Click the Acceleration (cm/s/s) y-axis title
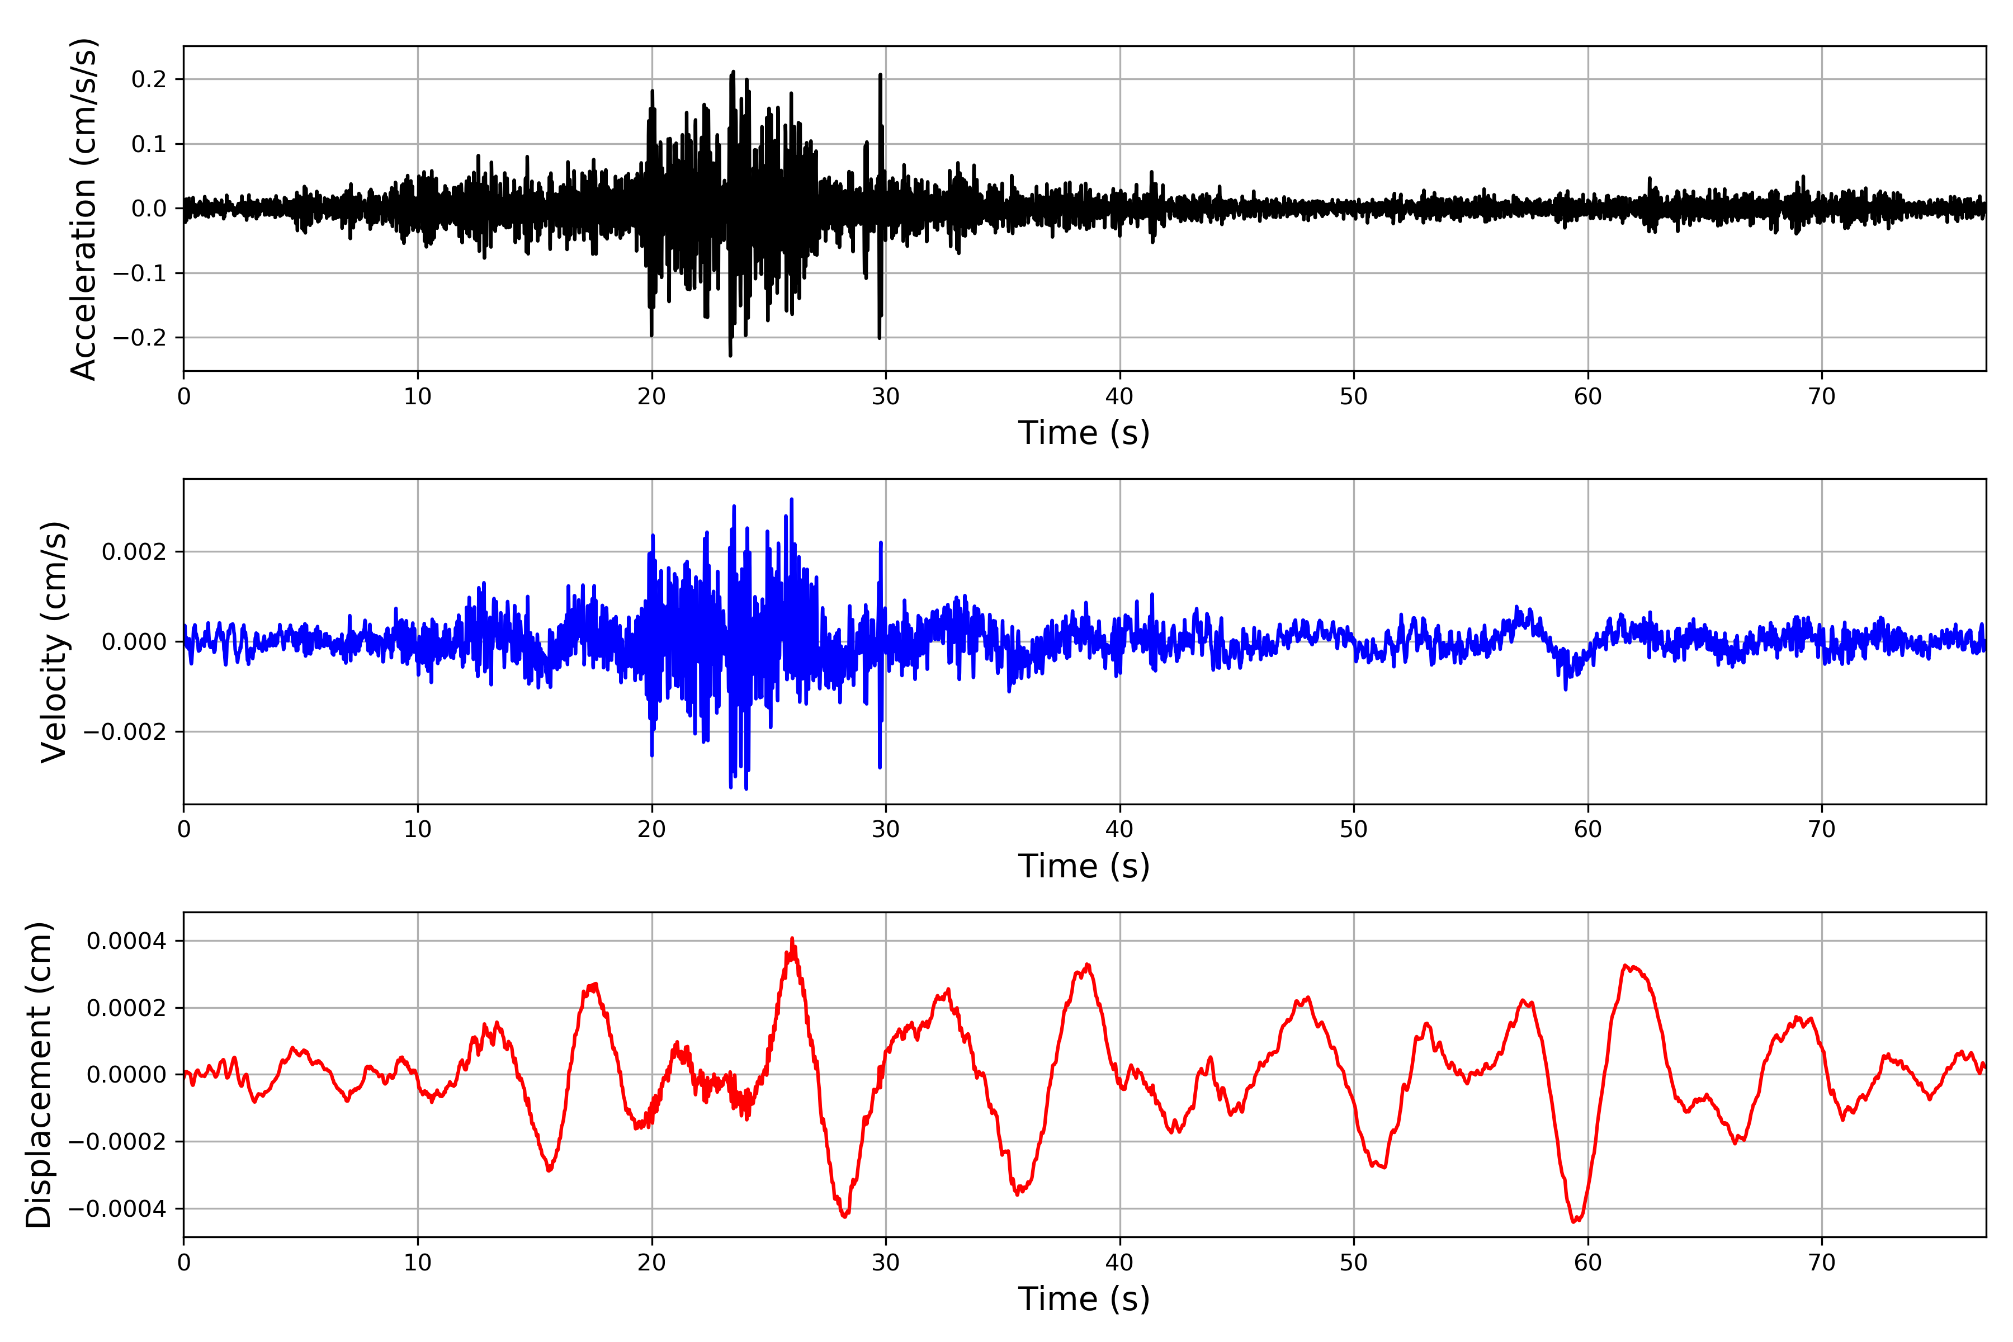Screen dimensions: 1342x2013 pos(84,209)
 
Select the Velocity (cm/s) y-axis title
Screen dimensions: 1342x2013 pos(54,642)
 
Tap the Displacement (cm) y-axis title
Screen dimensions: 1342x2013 pos(39,1075)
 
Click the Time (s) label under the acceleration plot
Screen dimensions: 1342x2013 pos(1084,433)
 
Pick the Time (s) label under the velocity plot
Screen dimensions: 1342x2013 pos(1084,866)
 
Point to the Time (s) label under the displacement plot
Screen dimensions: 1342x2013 pos(1084,1299)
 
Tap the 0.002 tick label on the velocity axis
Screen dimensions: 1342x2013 pos(134,552)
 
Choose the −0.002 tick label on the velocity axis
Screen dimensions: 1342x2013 pos(125,733)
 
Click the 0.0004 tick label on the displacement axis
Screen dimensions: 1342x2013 pos(127,942)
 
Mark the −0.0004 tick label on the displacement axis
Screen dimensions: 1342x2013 pos(117,1209)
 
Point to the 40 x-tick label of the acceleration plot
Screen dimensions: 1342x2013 pos(1119,397)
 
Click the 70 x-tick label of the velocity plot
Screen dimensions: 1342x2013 pos(1821,829)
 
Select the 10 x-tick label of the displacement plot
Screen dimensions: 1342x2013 pos(418,1263)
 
